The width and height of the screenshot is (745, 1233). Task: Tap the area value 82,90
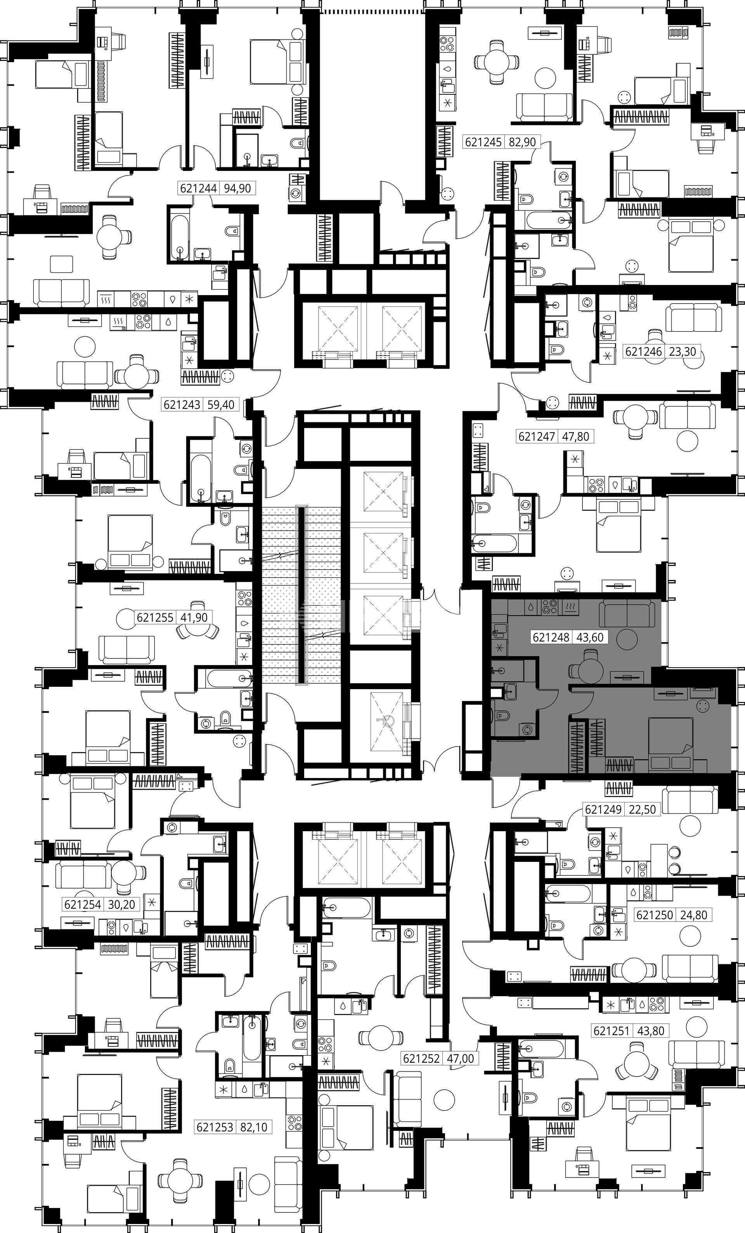[x=522, y=142]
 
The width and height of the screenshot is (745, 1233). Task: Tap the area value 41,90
[x=194, y=618]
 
